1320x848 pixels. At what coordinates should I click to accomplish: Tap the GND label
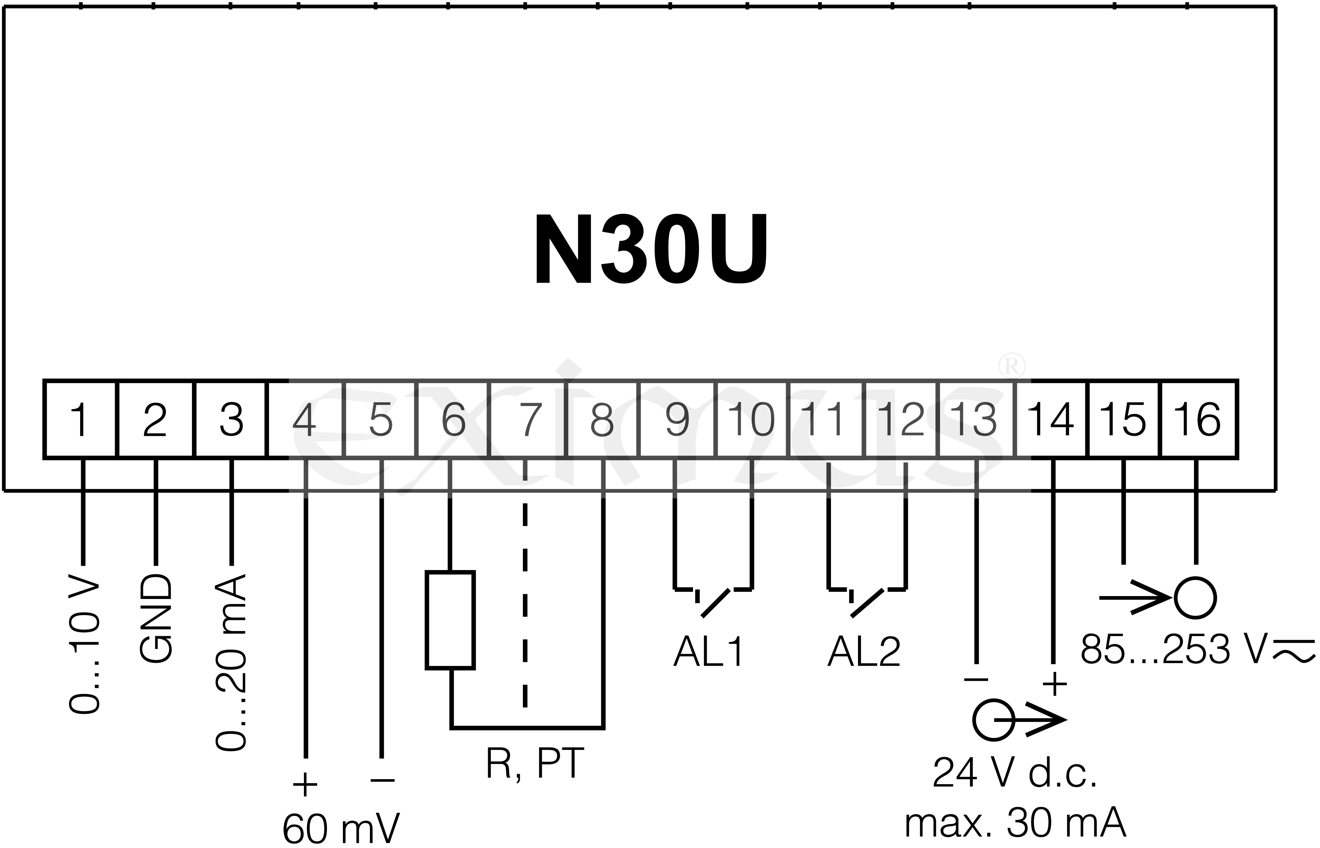(156, 619)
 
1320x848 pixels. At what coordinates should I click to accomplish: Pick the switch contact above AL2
(867, 600)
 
